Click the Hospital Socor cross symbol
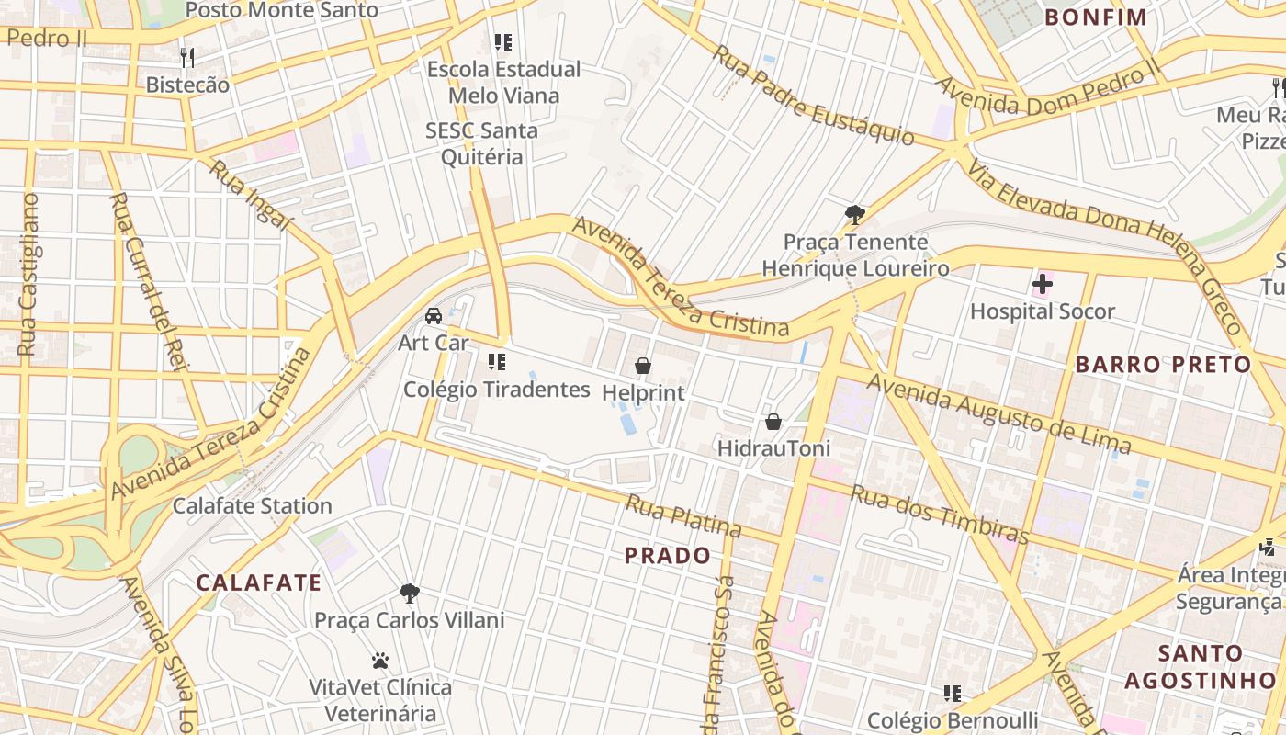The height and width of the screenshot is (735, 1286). coord(1042,285)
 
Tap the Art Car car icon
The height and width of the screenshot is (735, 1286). coord(433,316)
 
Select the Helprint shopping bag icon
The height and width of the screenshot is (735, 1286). coord(643,366)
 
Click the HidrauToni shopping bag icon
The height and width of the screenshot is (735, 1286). coord(773,422)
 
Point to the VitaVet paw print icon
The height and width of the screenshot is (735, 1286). coord(380,661)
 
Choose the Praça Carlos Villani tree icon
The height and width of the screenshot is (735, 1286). coord(410,594)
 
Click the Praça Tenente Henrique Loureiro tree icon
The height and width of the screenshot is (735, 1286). coord(855,215)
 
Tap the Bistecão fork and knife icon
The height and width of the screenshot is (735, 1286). coord(187,58)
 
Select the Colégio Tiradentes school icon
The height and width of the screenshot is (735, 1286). coord(498,362)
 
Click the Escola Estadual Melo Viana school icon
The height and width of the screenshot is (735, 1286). coord(502,42)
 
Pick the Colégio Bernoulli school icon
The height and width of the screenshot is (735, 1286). coord(953,693)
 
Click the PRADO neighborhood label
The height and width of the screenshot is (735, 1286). coord(668,556)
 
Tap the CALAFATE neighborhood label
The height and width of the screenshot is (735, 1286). coord(259,582)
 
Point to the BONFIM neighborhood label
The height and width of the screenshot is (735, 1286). coord(1096,17)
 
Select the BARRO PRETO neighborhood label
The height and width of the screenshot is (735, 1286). coord(1163,365)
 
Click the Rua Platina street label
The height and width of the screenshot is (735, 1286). coord(683,515)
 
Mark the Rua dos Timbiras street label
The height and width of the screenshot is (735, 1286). coord(938,514)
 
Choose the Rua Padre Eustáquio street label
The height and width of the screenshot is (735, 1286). coord(814,96)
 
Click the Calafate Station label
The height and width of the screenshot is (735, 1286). coord(253,506)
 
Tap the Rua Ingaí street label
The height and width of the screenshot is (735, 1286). coord(248,196)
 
